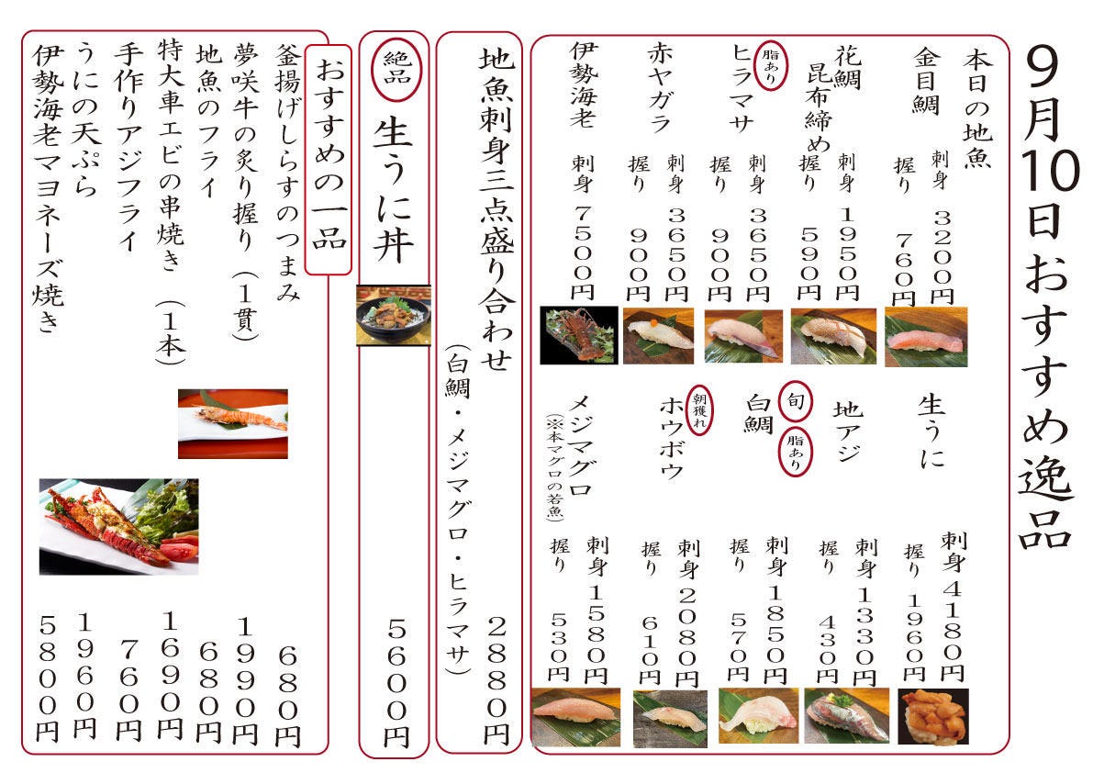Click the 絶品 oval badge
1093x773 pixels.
tap(396, 68)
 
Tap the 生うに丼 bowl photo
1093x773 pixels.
tap(393, 315)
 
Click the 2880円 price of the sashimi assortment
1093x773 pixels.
tap(496, 680)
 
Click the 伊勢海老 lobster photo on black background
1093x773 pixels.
tap(578, 334)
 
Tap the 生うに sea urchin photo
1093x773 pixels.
tap(932, 717)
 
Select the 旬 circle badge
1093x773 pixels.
tap(796, 401)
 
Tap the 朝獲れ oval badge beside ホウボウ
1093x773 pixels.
tap(699, 410)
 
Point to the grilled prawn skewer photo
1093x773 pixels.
tap(233, 424)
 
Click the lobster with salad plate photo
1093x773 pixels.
tap(118, 526)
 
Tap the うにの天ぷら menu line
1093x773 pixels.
tap(88, 118)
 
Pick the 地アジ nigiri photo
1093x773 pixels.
tap(847, 716)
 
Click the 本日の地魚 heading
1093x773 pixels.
tap(977, 107)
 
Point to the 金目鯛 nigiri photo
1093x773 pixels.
tap(926, 337)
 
